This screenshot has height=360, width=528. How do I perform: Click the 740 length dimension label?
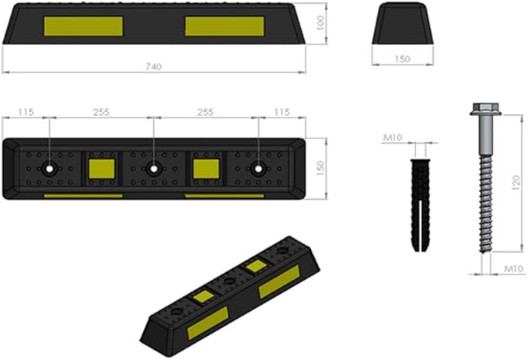(x=153, y=67)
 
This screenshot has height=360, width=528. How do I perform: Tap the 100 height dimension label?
(x=321, y=23)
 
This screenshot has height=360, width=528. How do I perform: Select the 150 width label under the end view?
(x=402, y=59)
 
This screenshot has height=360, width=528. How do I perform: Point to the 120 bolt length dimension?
(x=516, y=183)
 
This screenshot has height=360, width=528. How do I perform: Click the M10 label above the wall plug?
(x=393, y=138)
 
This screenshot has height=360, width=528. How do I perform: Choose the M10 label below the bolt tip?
(x=513, y=269)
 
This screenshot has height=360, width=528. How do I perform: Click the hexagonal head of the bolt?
(x=485, y=109)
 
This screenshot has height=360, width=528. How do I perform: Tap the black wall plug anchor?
(x=420, y=205)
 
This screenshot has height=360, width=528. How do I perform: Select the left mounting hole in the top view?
(x=50, y=169)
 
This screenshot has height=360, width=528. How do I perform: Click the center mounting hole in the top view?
(x=153, y=169)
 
